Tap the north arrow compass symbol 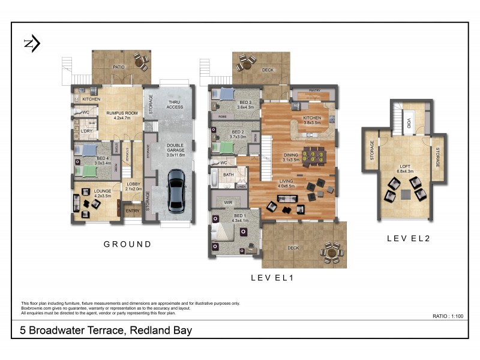pyautogui.click(x=32, y=43)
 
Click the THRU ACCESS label pyautogui.click(x=175, y=104)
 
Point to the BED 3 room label pyautogui.click(x=245, y=104)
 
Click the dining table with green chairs pyautogui.click(x=313, y=157)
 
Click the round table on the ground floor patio pyautogui.click(x=142, y=61)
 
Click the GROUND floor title pyautogui.click(x=127, y=244)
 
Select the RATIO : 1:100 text pyautogui.click(x=448, y=316)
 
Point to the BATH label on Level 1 pyautogui.click(x=229, y=175)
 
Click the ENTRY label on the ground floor pyautogui.click(x=131, y=211)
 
